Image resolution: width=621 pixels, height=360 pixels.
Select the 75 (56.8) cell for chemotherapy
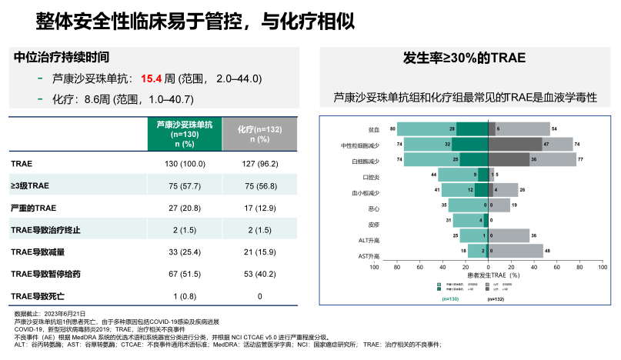[x=259, y=185]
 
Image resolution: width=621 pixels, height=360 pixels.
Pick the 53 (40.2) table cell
[x=259, y=274]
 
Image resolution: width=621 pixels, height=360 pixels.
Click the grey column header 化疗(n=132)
[x=259, y=133]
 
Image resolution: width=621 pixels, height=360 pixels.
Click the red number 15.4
[x=151, y=78]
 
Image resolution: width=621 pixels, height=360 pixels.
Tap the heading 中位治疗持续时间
[x=62, y=57]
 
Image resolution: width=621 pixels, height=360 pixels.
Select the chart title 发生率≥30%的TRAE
[x=466, y=58]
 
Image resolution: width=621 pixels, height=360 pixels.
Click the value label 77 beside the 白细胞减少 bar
[x=582, y=159]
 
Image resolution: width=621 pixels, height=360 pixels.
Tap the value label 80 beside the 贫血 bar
[x=392, y=128]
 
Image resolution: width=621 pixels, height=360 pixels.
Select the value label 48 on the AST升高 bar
[x=548, y=251]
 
